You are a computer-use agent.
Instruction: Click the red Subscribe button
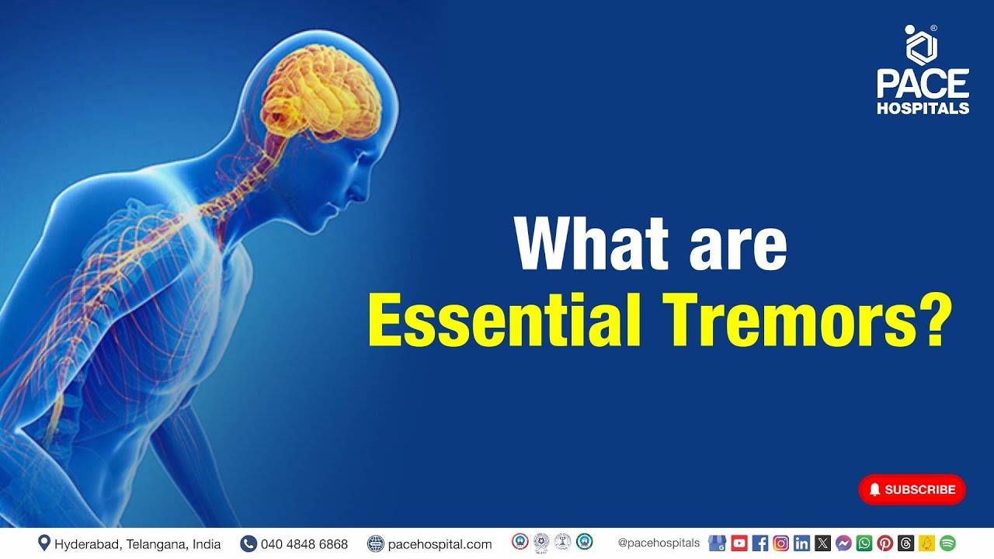click(912, 489)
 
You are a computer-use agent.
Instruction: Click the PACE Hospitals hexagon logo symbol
click(922, 46)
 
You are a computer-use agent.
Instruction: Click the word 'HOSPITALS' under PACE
click(923, 108)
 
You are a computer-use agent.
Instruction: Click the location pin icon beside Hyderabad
click(44, 543)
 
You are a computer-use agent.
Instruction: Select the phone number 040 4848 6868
click(304, 544)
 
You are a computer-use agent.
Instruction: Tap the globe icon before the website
click(376, 543)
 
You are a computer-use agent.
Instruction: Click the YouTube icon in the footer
click(739, 543)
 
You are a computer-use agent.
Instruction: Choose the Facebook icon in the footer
click(759, 543)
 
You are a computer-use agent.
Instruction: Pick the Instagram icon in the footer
click(780, 543)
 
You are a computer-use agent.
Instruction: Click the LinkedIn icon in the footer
click(801, 543)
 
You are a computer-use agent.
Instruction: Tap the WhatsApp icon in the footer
click(864, 543)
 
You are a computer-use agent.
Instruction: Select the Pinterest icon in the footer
click(885, 543)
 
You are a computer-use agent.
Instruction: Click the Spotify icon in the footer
click(947, 543)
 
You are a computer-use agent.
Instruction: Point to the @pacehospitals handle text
click(659, 543)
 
